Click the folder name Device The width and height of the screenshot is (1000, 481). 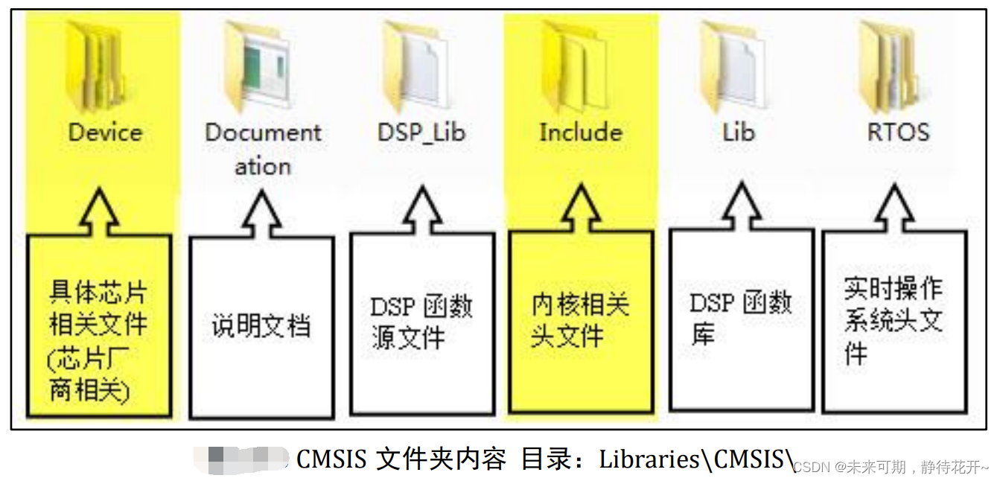point(105,133)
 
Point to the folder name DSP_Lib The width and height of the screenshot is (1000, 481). point(421,133)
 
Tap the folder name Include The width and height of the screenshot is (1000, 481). point(581,133)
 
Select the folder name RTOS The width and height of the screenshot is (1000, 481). point(899,133)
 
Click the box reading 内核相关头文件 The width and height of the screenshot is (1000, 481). point(581,321)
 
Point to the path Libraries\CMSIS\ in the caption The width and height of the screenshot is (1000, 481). point(697,460)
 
